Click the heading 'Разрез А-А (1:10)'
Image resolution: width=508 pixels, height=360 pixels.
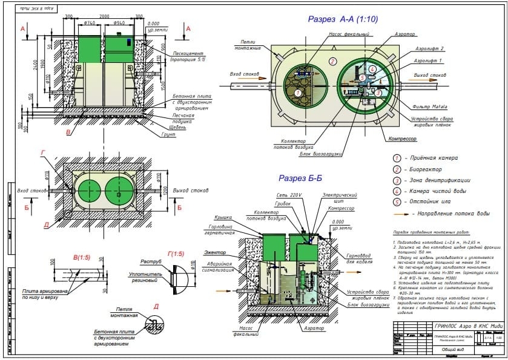pos(343,19)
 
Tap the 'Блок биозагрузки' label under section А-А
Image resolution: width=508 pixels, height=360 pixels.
pos(319,154)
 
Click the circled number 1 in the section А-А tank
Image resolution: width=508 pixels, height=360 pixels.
pos(297,93)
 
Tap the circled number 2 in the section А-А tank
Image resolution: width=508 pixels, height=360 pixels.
pos(332,61)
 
